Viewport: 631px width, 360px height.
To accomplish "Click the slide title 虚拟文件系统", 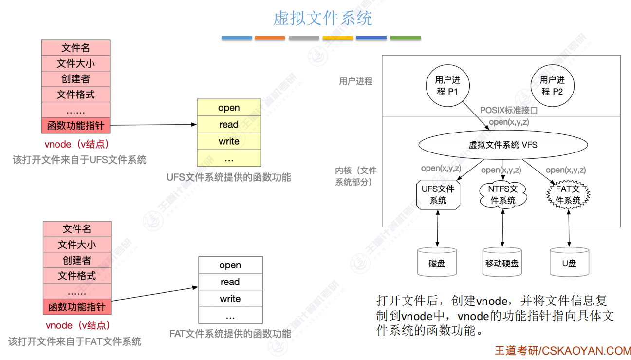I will tap(322, 19).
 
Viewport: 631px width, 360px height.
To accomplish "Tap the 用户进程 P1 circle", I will tap(447, 86).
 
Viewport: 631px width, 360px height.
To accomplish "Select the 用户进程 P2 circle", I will tap(552, 86).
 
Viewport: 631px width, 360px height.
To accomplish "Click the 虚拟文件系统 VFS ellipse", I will tap(503, 145).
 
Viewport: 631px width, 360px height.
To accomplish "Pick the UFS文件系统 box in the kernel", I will tap(438, 195).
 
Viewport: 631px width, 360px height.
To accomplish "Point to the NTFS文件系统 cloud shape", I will tap(503, 195).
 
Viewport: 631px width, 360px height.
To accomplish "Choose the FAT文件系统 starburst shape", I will tap(568, 195).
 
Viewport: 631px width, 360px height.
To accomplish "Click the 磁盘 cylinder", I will tap(437, 263).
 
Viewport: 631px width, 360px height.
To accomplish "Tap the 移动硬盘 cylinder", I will tap(502, 263).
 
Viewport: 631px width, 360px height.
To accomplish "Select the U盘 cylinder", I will tap(569, 263).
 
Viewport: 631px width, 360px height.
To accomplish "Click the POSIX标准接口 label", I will tap(509, 111).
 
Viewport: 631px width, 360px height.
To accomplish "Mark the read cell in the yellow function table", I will tap(229, 125).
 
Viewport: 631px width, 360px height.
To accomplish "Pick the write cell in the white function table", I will tap(230, 299).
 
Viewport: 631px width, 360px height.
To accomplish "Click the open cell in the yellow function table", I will tap(229, 108).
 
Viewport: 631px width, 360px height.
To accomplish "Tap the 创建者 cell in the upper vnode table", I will tap(75, 79).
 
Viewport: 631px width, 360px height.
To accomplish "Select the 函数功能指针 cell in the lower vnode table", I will tap(77, 307).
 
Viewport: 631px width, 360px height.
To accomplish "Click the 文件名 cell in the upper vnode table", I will tap(75, 48).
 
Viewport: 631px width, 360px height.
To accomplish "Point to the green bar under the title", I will tap(405, 38).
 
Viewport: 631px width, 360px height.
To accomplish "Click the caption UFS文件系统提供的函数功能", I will tap(229, 177).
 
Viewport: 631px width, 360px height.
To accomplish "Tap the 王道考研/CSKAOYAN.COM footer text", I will tap(562, 351).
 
